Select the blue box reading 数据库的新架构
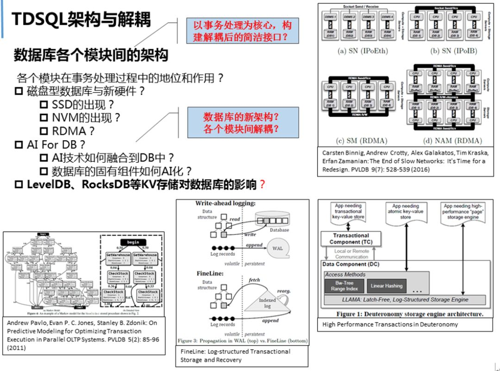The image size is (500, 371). click(243, 122)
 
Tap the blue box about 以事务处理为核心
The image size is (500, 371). click(243, 31)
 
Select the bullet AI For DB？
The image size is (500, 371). click(56, 144)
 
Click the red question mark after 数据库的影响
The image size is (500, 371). click(262, 185)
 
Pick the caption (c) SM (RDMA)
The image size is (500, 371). click(362, 141)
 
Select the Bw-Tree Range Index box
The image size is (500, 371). click(345, 285)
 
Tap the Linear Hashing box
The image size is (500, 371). click(387, 286)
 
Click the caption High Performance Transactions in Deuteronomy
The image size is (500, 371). click(390, 324)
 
